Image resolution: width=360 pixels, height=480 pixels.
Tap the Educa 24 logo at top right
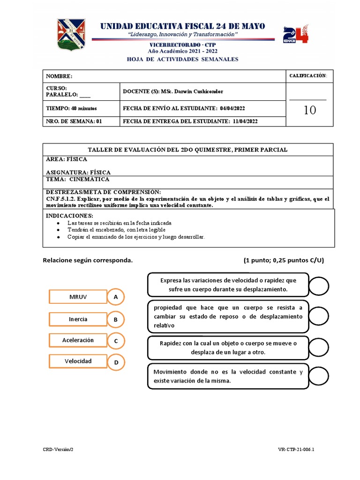tap(296, 35)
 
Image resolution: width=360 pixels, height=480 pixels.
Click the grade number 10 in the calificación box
tap(309, 110)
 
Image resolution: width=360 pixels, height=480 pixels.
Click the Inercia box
tap(78, 319)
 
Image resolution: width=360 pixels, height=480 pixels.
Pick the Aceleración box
tap(78, 340)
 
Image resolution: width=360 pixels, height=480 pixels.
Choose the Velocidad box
tap(78, 361)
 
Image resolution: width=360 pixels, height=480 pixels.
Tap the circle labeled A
tap(115, 297)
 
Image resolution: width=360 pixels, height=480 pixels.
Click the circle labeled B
tap(115, 320)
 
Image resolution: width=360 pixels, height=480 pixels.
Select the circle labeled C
tap(115, 341)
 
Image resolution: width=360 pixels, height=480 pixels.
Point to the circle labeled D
tap(115, 362)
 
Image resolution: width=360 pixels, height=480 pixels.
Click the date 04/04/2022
tap(232, 108)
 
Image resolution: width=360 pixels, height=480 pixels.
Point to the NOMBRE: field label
tap(59, 76)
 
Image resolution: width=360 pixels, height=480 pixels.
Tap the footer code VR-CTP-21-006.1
tap(296, 449)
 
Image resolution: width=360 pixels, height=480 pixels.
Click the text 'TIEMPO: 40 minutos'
tap(71, 108)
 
